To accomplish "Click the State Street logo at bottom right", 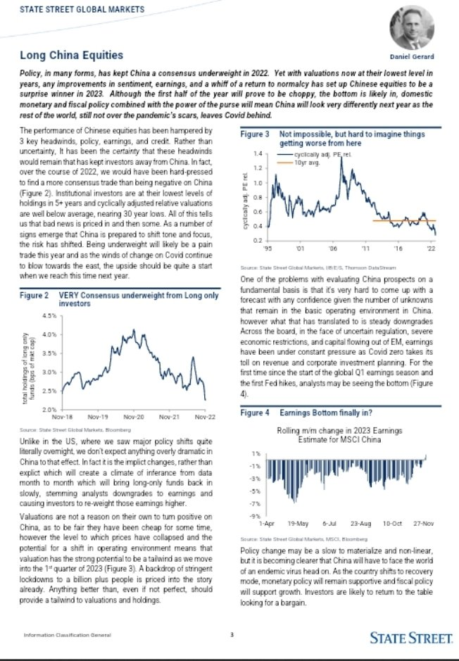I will click(x=410, y=638).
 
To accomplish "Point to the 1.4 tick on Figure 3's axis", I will click(x=259, y=153).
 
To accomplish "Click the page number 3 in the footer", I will click(x=231, y=638).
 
